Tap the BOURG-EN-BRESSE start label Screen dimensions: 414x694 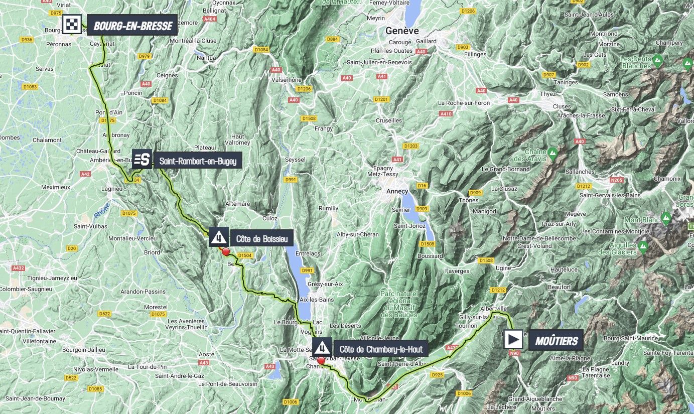coord(132,26)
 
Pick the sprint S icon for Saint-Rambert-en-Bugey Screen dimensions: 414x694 coord(142,160)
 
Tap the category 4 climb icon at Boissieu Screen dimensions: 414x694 coord(219,237)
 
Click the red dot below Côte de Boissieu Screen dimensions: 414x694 coord(226,252)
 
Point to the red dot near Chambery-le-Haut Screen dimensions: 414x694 coord(321,359)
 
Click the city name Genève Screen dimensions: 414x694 coord(401,31)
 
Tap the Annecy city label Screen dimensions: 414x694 coord(397,191)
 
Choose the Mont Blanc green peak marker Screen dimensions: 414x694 coord(665,218)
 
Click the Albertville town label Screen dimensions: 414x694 coord(493,308)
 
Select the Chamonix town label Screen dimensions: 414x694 coord(667,179)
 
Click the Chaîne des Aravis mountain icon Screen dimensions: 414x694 coord(552,152)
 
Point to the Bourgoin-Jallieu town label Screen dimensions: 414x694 coord(83,350)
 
